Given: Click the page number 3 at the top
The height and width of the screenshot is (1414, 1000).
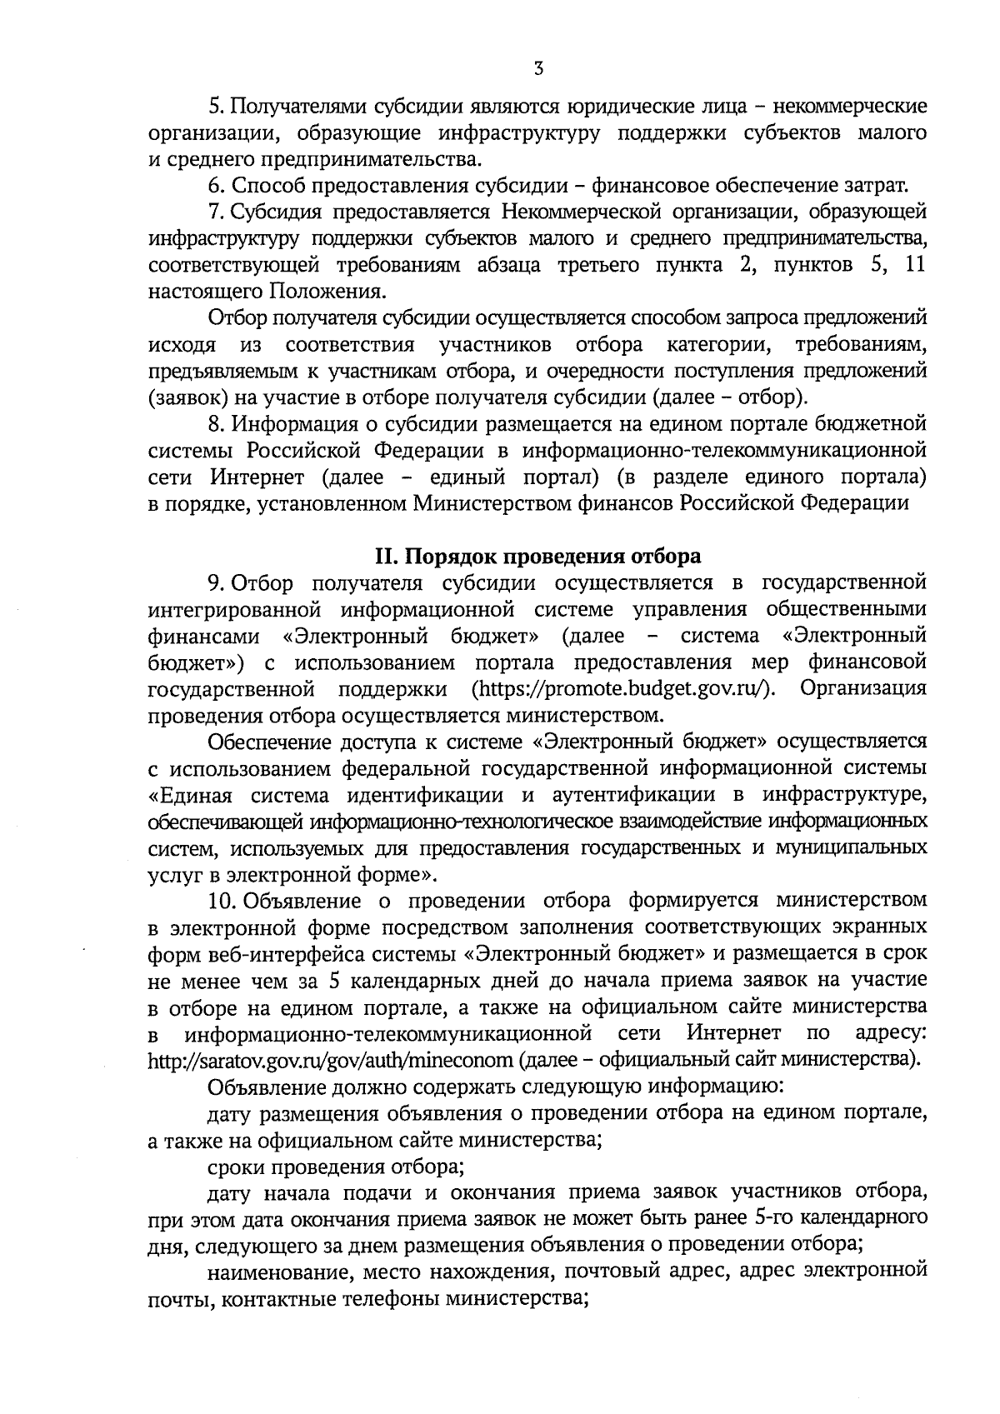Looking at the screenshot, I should (538, 69).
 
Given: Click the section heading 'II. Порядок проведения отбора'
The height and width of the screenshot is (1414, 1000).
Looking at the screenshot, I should (537, 556).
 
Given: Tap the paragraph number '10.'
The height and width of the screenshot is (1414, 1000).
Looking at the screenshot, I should (223, 901).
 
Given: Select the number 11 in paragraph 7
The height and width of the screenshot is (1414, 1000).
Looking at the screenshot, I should (914, 265).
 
